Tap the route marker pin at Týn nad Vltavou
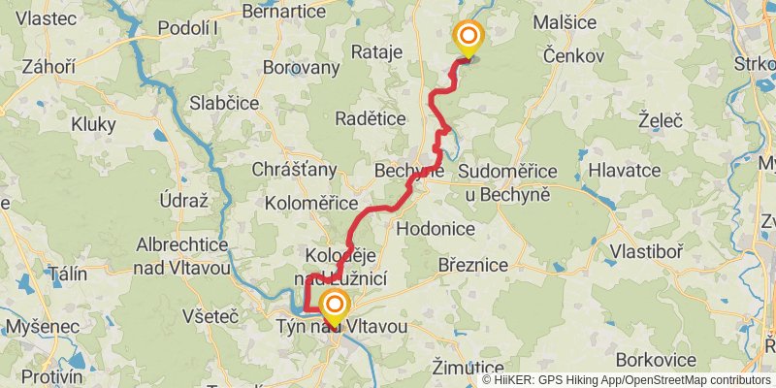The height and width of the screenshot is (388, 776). [334, 307]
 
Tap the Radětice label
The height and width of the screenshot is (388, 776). [370, 118]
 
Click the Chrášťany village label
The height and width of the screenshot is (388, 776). [294, 170]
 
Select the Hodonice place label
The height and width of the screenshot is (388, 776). [436, 229]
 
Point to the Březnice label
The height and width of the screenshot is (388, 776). [473, 264]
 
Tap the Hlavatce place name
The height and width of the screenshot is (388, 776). [625, 170]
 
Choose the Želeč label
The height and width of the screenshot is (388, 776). [661, 121]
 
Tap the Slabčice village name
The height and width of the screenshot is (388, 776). [224, 103]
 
